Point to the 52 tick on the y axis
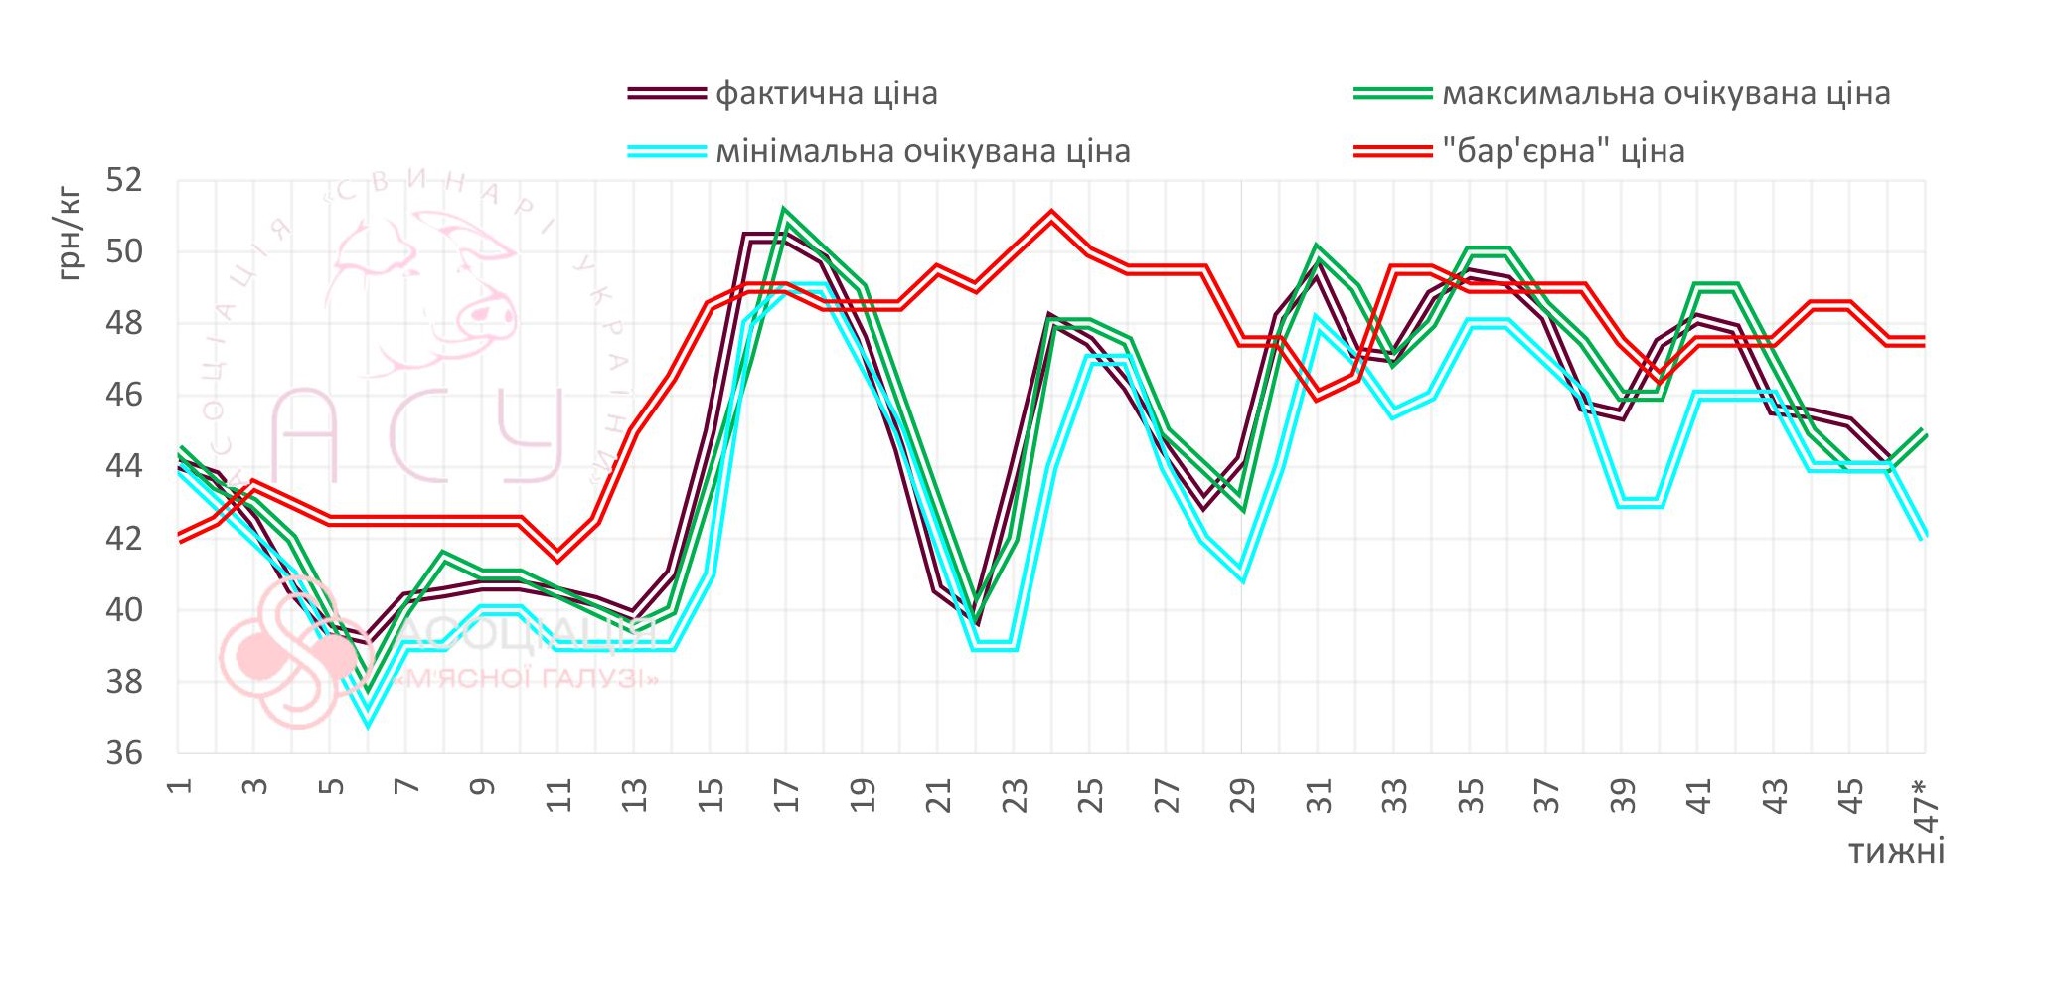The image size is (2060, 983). (124, 181)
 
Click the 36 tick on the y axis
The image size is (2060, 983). (124, 753)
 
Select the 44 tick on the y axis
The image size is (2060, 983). (124, 467)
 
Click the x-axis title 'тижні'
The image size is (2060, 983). (1896, 852)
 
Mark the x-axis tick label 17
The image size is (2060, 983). (786, 797)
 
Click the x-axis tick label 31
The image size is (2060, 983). (1318, 797)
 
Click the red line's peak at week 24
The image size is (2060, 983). (1051, 216)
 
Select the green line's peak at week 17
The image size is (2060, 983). (785, 212)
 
